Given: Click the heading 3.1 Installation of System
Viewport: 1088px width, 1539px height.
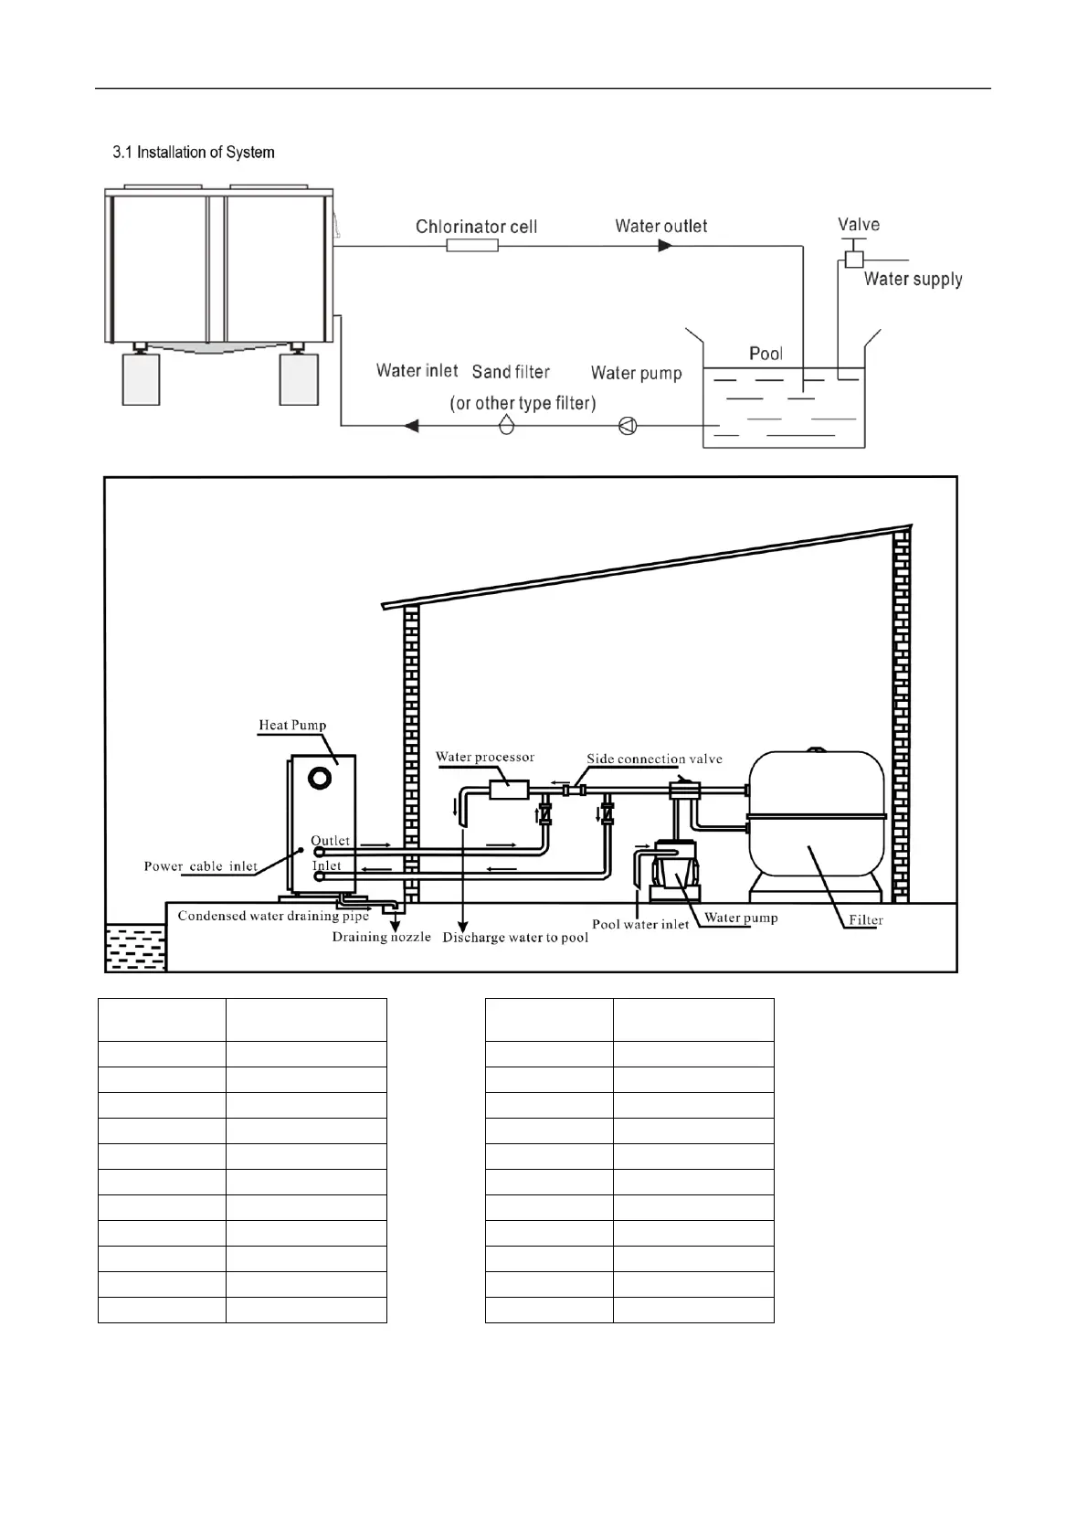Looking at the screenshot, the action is pos(193,153).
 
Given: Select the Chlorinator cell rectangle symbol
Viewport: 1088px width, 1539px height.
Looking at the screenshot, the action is pos(472,245).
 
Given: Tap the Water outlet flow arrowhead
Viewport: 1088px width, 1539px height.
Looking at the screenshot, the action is pos(665,245).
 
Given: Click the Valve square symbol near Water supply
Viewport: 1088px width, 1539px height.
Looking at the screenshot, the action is pos(853,259).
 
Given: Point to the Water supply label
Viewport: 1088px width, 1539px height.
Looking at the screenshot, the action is pos(913,280).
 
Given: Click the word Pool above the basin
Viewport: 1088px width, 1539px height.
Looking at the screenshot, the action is pos(766,354).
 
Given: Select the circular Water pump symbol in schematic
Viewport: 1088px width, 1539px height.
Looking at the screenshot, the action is pos(628,425).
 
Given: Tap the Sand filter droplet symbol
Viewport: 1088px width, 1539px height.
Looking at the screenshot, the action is pos(506,424).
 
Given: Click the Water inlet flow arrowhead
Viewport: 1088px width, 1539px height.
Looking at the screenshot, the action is pos(411,425).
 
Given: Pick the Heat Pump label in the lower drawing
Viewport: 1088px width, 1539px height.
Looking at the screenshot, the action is pos(292,726).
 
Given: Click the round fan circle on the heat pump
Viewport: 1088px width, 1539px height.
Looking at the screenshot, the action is pos(320,778).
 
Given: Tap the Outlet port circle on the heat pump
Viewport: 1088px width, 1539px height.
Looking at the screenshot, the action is pos(320,852).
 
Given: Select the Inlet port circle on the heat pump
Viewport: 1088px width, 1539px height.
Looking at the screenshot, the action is pos(320,876).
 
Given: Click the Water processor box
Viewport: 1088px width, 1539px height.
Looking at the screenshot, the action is pos(509,789).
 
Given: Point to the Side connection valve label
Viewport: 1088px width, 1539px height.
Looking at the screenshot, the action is pos(654,759).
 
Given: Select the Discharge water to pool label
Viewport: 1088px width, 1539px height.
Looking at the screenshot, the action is pos(515,938).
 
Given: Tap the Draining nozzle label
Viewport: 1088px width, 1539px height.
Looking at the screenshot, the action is pos(381,937).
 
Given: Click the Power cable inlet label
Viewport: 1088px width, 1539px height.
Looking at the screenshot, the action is pos(201,866).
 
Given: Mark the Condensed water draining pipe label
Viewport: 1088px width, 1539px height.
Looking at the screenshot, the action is pos(273,916).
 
